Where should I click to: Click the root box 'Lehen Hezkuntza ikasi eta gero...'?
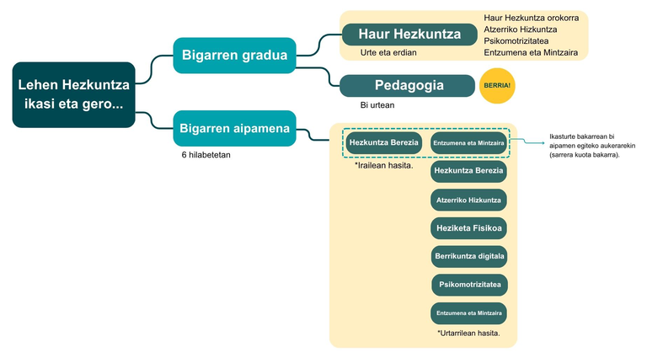[x=73, y=94]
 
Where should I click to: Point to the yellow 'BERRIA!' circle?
[x=496, y=86]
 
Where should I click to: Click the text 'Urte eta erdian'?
[x=388, y=53]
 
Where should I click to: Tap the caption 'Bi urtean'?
[x=377, y=105]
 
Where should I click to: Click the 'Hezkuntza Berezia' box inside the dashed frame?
[x=383, y=143]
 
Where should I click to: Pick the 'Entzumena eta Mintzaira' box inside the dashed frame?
[x=468, y=143]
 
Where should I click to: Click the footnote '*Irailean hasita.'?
[x=384, y=166]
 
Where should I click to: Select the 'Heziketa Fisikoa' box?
[x=468, y=227]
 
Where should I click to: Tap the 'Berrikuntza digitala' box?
[x=468, y=256]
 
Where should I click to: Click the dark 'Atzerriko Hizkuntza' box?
[x=468, y=200]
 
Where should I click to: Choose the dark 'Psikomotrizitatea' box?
[x=468, y=285]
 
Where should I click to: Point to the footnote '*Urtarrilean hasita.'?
[x=468, y=334]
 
